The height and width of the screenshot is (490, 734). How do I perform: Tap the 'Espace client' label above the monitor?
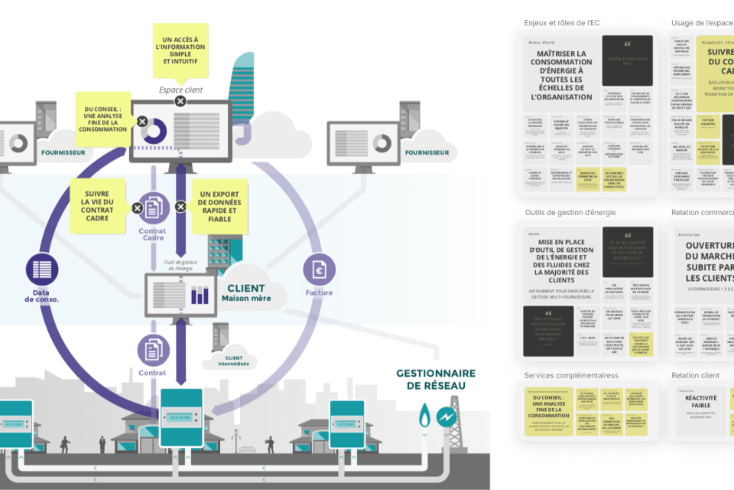pyautogui.click(x=180, y=90)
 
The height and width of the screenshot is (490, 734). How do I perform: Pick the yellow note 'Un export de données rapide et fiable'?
pyautogui.click(x=218, y=207)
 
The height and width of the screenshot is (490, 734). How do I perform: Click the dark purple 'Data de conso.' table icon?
pyautogui.click(x=43, y=269)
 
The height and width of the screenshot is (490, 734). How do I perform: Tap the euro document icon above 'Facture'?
pyautogui.click(x=319, y=269)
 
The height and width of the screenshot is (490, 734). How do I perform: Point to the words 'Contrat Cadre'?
pyautogui.click(x=152, y=234)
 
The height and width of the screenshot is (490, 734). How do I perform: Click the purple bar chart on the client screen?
pyautogui.click(x=200, y=295)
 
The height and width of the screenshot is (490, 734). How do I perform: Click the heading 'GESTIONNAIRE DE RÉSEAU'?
pyautogui.click(x=435, y=380)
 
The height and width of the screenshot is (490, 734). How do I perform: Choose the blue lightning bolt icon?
pyautogui.click(x=447, y=416)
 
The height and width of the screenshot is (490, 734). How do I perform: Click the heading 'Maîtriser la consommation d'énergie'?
pyautogui.click(x=561, y=75)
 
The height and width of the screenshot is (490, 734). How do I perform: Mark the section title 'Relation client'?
pyautogui.click(x=696, y=376)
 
